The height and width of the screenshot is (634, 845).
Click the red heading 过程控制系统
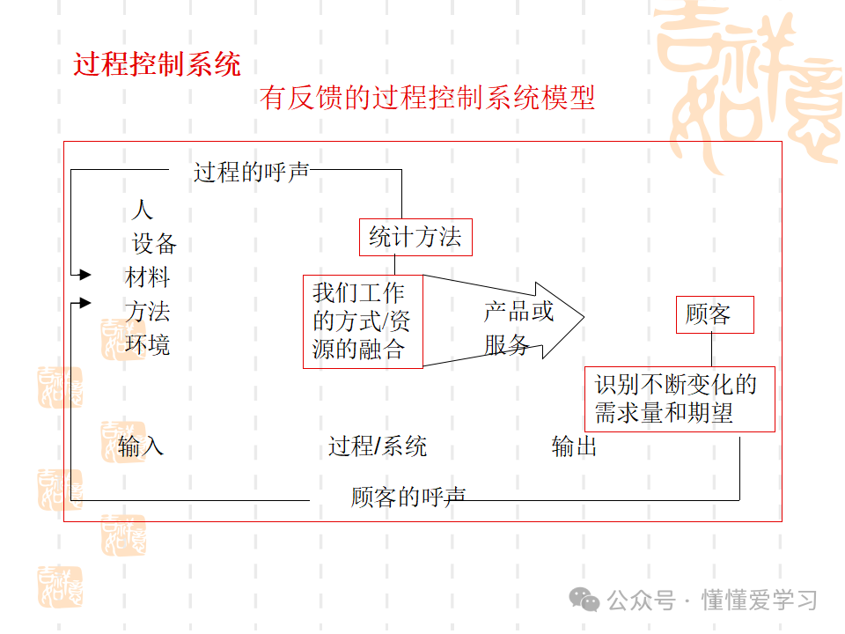click(x=158, y=64)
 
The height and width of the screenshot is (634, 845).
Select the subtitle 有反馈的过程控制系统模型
click(x=427, y=98)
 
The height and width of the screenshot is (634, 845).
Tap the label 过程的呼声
click(x=251, y=172)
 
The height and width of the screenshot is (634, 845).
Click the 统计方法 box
click(x=415, y=237)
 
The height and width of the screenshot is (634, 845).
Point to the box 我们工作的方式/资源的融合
click(x=363, y=321)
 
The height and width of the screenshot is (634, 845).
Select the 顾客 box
click(x=715, y=314)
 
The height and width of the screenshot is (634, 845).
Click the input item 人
click(x=142, y=210)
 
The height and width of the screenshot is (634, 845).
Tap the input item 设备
click(x=154, y=243)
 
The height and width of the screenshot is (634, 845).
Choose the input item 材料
click(x=147, y=277)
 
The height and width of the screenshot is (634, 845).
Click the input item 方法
click(x=147, y=312)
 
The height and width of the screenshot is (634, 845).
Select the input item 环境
click(x=147, y=345)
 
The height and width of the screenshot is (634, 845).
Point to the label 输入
click(x=141, y=446)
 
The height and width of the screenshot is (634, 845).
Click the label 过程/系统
click(x=378, y=446)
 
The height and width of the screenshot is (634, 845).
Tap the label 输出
click(x=574, y=446)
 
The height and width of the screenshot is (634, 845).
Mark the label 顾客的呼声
click(x=408, y=498)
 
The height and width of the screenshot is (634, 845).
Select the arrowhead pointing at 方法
click(x=85, y=303)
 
